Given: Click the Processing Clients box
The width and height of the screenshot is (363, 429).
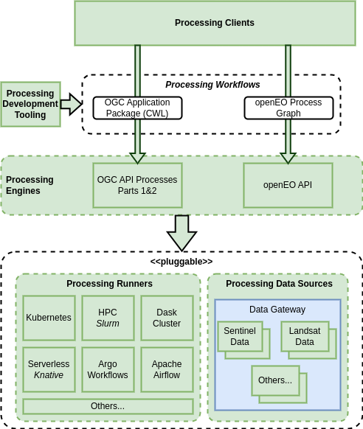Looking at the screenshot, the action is coord(215,23).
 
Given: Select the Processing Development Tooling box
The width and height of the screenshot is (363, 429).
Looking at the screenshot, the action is coord(30,104).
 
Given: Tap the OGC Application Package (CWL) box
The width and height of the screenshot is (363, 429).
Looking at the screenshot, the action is coord(137,108).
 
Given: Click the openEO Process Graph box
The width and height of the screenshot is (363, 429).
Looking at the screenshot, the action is coord(288,108).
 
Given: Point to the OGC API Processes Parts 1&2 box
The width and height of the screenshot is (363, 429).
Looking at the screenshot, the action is coord(137,185).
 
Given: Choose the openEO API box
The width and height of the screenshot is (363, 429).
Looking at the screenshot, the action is coord(288,185).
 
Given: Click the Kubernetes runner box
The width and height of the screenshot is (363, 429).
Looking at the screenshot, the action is coord(49,318).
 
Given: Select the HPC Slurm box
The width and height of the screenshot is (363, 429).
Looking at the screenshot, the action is coord(108,318).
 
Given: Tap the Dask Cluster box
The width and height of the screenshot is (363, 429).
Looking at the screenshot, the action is coord(167,318).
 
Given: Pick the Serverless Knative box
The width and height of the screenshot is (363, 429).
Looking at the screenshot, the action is coord(49,369).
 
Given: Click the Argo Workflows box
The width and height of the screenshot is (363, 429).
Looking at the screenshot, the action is coord(108,369).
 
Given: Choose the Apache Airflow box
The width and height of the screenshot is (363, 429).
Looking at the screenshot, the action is coord(167,369).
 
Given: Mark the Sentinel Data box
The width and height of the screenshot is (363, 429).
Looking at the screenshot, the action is coord(240,337).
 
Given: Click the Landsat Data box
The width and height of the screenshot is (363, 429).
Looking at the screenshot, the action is coord(305,337).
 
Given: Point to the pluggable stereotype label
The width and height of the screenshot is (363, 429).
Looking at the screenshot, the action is coord(181,262).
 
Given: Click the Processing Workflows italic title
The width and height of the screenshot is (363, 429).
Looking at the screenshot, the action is coord(212,85).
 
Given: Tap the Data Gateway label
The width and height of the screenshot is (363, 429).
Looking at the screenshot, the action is coord(277,310).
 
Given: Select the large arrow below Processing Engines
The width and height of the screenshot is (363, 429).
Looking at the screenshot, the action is coord(181,233).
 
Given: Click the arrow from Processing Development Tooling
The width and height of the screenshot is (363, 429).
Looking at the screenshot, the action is coord(72,104).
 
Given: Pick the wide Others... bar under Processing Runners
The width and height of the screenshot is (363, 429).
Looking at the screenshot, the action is coord(108,406).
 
